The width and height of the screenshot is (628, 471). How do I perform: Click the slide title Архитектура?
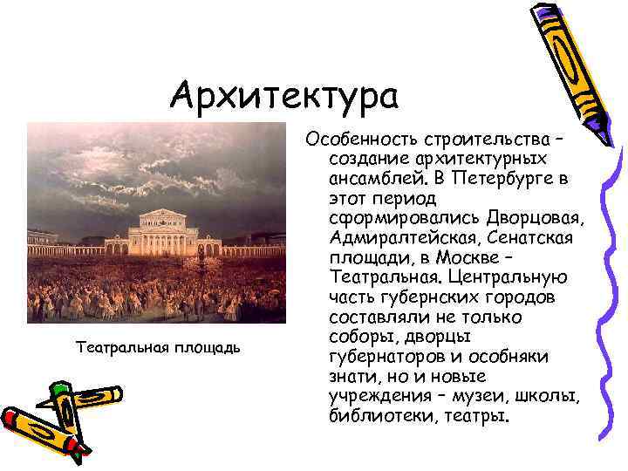pyautogui.click(x=284, y=95)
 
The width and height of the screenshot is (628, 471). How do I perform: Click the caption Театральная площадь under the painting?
pyautogui.click(x=158, y=348)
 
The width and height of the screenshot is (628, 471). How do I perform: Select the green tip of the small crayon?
pyautogui.click(x=59, y=390)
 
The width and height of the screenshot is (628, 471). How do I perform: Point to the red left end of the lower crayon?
pyautogui.click(x=11, y=420)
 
